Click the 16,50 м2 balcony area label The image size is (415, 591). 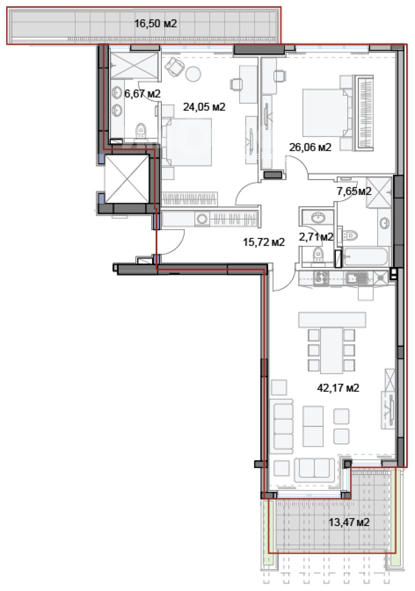click(155, 24)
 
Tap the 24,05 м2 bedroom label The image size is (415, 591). click(204, 107)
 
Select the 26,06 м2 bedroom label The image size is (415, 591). click(310, 147)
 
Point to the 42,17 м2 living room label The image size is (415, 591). click(338, 388)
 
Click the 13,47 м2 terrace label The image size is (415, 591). click(349, 522)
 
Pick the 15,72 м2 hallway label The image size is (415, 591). click(264, 242)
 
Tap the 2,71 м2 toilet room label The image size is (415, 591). click(316, 237)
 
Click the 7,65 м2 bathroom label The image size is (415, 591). click(354, 191)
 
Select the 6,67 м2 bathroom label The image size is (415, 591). click(142, 93)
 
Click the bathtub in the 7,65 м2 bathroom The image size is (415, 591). click(365, 257)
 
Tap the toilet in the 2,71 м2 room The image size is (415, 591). click(317, 254)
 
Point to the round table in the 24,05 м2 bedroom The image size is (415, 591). click(193, 74)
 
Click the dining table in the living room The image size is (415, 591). click(331, 350)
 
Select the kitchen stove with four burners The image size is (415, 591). click(321, 278)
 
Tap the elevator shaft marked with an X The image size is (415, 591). click(127, 179)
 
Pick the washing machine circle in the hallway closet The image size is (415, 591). click(202, 219)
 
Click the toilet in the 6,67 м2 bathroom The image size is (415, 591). click(141, 131)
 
